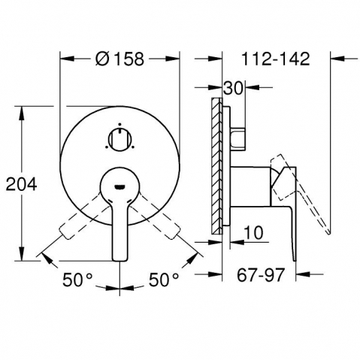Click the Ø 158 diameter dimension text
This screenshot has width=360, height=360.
pos(119,59)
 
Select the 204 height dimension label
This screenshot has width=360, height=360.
pos(21,184)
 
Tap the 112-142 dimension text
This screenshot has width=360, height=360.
pos(276,59)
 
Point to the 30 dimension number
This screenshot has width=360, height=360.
pos(233,88)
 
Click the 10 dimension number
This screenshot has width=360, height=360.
pos(253,233)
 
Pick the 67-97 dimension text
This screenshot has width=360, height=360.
pos(261,275)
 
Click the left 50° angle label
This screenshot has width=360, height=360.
pos(77,280)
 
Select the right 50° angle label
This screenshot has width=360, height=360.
pos(164,280)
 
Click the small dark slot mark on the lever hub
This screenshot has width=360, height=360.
pos(119,186)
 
